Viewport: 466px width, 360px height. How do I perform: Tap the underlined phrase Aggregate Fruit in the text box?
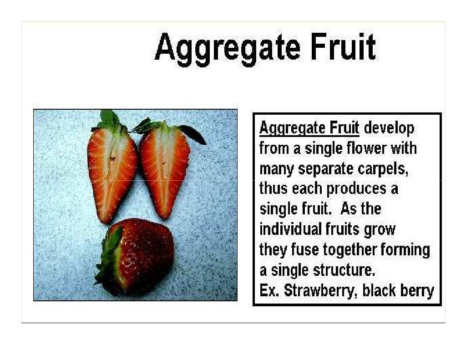tap(309, 128)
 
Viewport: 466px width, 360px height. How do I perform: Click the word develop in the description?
tap(390, 129)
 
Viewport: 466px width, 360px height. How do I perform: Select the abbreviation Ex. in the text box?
tap(269, 290)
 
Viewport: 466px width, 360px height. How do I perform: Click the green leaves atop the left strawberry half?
tap(108, 121)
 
